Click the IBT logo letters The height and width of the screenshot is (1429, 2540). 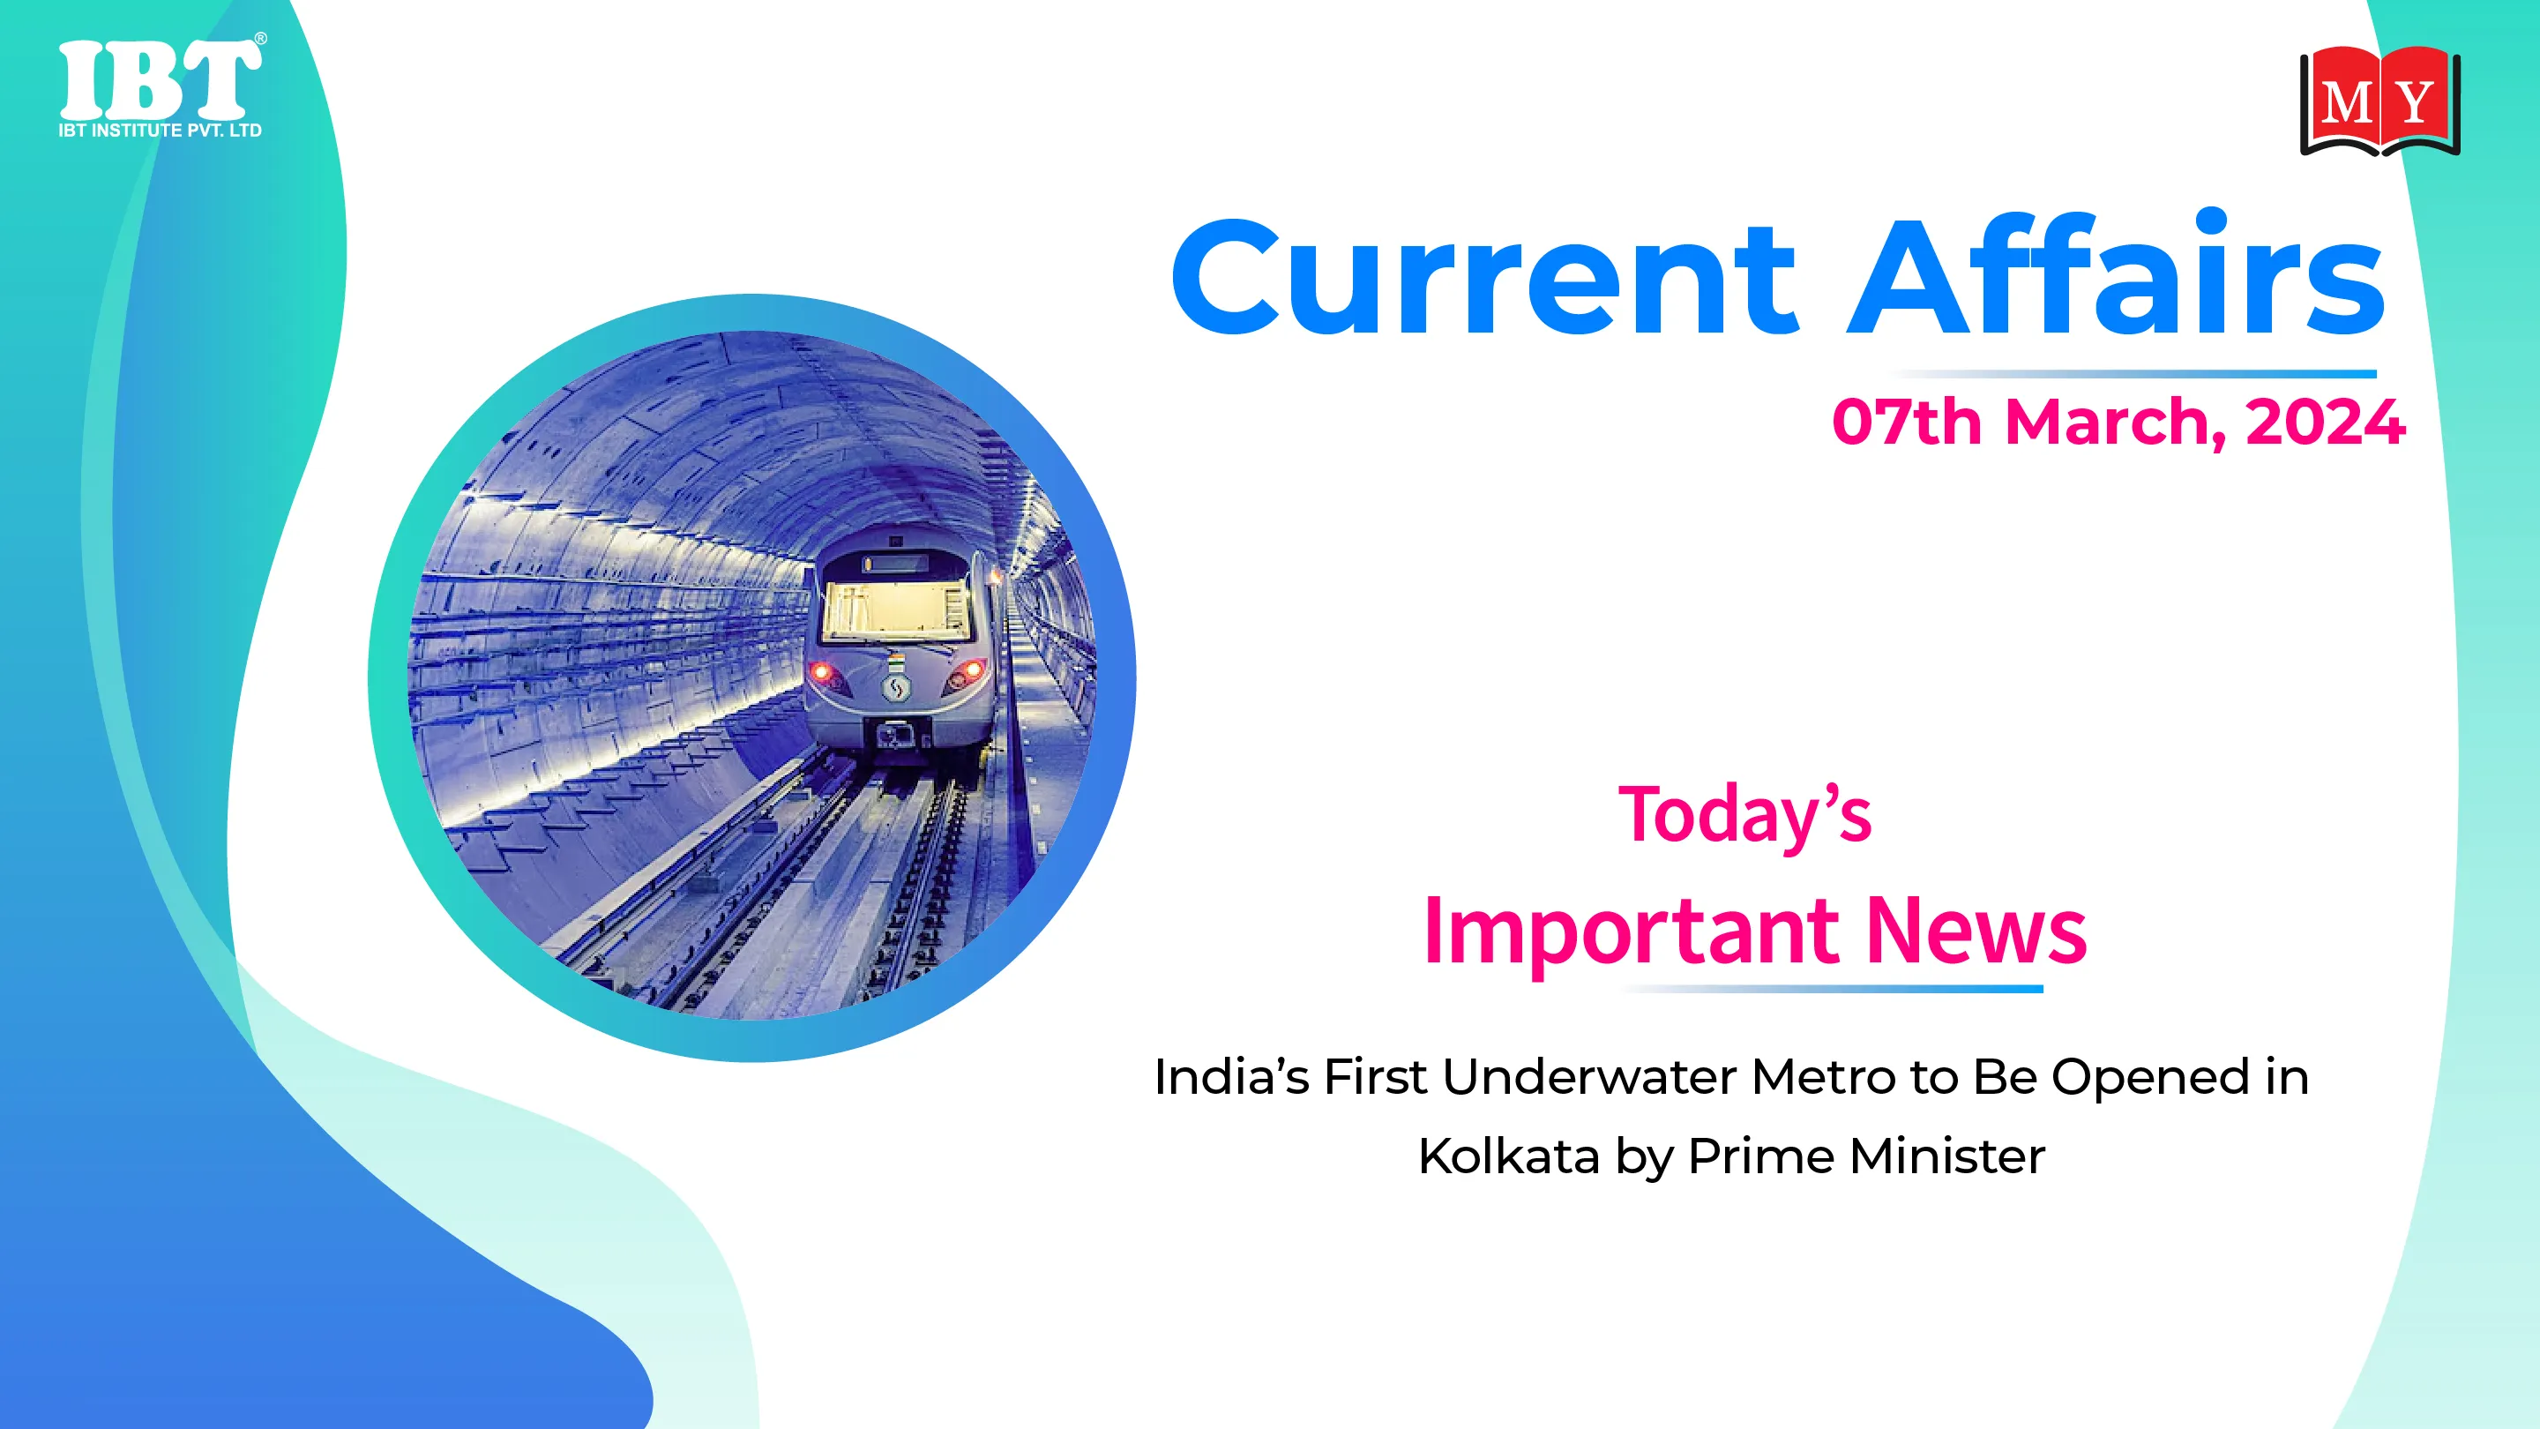tap(160, 79)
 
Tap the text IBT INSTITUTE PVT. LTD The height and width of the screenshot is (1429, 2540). tap(160, 131)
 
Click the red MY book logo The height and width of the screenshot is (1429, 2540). tap(2380, 101)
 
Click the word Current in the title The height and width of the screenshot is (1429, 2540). tap(1483, 278)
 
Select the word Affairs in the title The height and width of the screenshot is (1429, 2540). tap(2116, 273)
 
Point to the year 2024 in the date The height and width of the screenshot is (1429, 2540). tap(2325, 423)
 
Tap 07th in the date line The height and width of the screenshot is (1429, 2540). tap(1907, 423)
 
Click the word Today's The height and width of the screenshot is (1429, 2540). tap(1744, 814)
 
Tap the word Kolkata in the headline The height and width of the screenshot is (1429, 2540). tap(1509, 1156)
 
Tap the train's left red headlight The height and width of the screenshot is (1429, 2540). tap(821, 674)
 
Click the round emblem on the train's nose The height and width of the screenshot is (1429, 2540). tap(895, 686)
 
